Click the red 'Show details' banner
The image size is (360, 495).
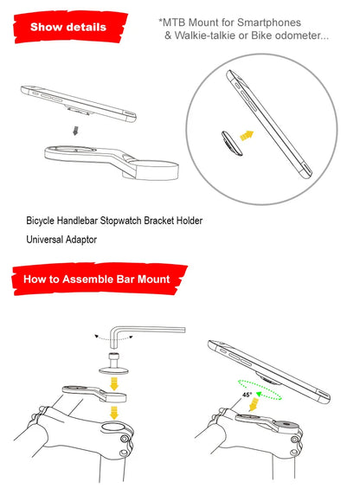(x=67, y=28)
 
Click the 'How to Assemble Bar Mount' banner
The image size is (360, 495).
(x=95, y=280)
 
